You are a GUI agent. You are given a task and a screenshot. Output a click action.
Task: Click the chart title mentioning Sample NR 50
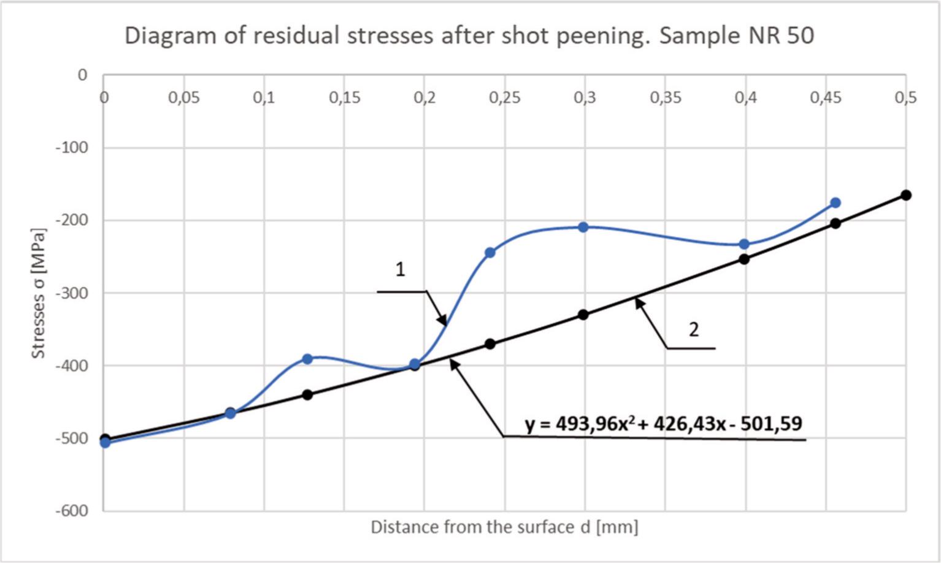coord(469,36)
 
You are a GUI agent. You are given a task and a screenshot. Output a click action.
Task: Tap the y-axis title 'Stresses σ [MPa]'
coord(39,293)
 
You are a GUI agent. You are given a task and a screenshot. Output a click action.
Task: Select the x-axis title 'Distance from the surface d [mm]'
coord(504,527)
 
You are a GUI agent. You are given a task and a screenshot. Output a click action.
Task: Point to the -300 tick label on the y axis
coord(72,293)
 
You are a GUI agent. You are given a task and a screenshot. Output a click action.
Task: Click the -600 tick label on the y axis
coord(72,510)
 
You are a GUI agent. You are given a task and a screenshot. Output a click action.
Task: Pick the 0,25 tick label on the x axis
coord(504,98)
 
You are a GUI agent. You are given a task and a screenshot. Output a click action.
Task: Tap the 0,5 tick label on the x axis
coord(905,98)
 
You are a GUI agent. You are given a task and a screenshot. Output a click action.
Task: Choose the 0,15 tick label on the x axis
coord(344,98)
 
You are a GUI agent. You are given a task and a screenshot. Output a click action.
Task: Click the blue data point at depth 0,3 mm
coord(583,227)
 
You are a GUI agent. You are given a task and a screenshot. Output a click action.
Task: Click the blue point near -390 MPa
coord(307,359)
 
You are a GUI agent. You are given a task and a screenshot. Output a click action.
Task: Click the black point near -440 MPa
coord(307,394)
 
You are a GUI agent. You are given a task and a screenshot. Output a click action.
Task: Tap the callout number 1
coord(400,269)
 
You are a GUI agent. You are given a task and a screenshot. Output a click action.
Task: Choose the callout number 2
coord(693,330)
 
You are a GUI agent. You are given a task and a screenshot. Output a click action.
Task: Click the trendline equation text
coord(664,423)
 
